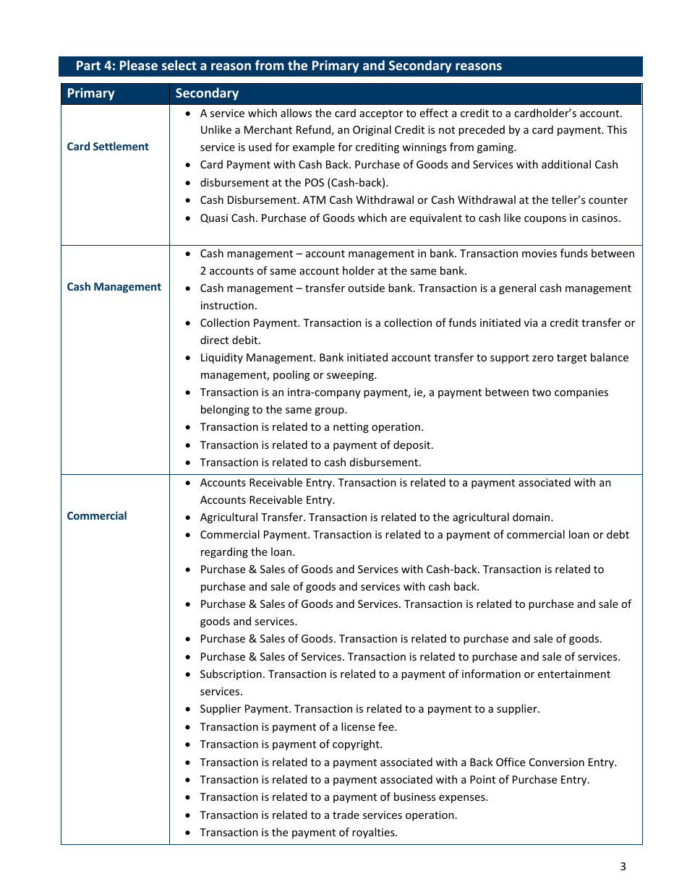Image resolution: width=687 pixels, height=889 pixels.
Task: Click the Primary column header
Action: click(90, 93)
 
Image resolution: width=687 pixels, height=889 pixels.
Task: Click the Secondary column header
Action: click(207, 93)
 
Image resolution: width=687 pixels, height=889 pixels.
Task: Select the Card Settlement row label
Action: click(108, 147)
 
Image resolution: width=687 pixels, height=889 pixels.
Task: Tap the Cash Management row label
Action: click(114, 287)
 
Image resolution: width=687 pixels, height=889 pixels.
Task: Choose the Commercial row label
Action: click(97, 516)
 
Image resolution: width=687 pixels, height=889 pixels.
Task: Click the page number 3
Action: click(623, 867)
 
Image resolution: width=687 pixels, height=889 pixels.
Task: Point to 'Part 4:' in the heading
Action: click(95, 66)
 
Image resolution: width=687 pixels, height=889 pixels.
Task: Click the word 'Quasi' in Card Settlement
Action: click(215, 218)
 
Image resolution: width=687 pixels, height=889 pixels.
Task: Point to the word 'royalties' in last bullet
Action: click(374, 833)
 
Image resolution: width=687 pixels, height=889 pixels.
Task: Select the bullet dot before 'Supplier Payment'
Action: click(188, 710)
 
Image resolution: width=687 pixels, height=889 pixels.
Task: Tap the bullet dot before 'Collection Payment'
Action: click(188, 324)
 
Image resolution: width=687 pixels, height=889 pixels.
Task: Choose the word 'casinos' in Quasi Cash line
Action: click(599, 218)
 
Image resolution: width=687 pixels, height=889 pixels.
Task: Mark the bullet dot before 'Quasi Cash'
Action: click(188, 219)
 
